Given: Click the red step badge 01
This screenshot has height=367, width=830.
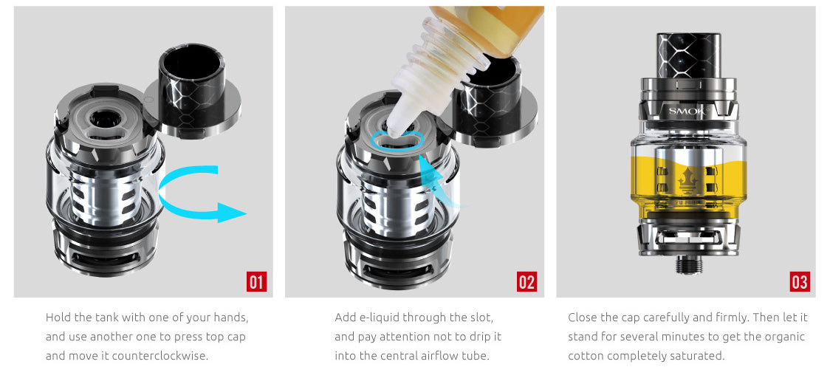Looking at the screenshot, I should [255, 281].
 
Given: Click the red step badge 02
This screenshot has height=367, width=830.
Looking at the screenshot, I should [527, 281].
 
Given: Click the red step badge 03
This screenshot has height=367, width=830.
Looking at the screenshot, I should [799, 281].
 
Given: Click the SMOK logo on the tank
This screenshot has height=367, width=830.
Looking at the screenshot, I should [687, 112].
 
